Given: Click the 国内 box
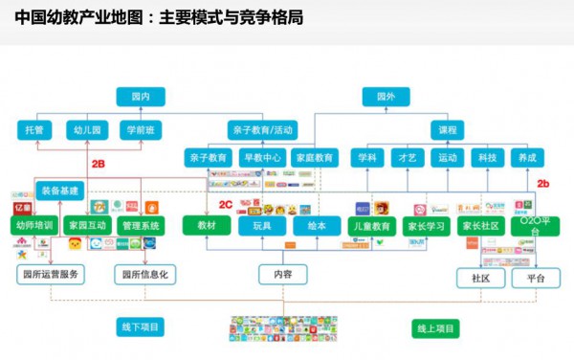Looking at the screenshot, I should point(140,97).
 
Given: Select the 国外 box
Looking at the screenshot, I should point(385,97).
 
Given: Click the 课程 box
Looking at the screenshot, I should point(448,129).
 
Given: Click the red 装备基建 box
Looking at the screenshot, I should point(60,190).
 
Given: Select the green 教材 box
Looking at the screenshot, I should point(207,225).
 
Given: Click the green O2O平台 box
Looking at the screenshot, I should point(532,227).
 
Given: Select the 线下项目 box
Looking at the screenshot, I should point(140,328).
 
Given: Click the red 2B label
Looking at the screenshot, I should point(97,164).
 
